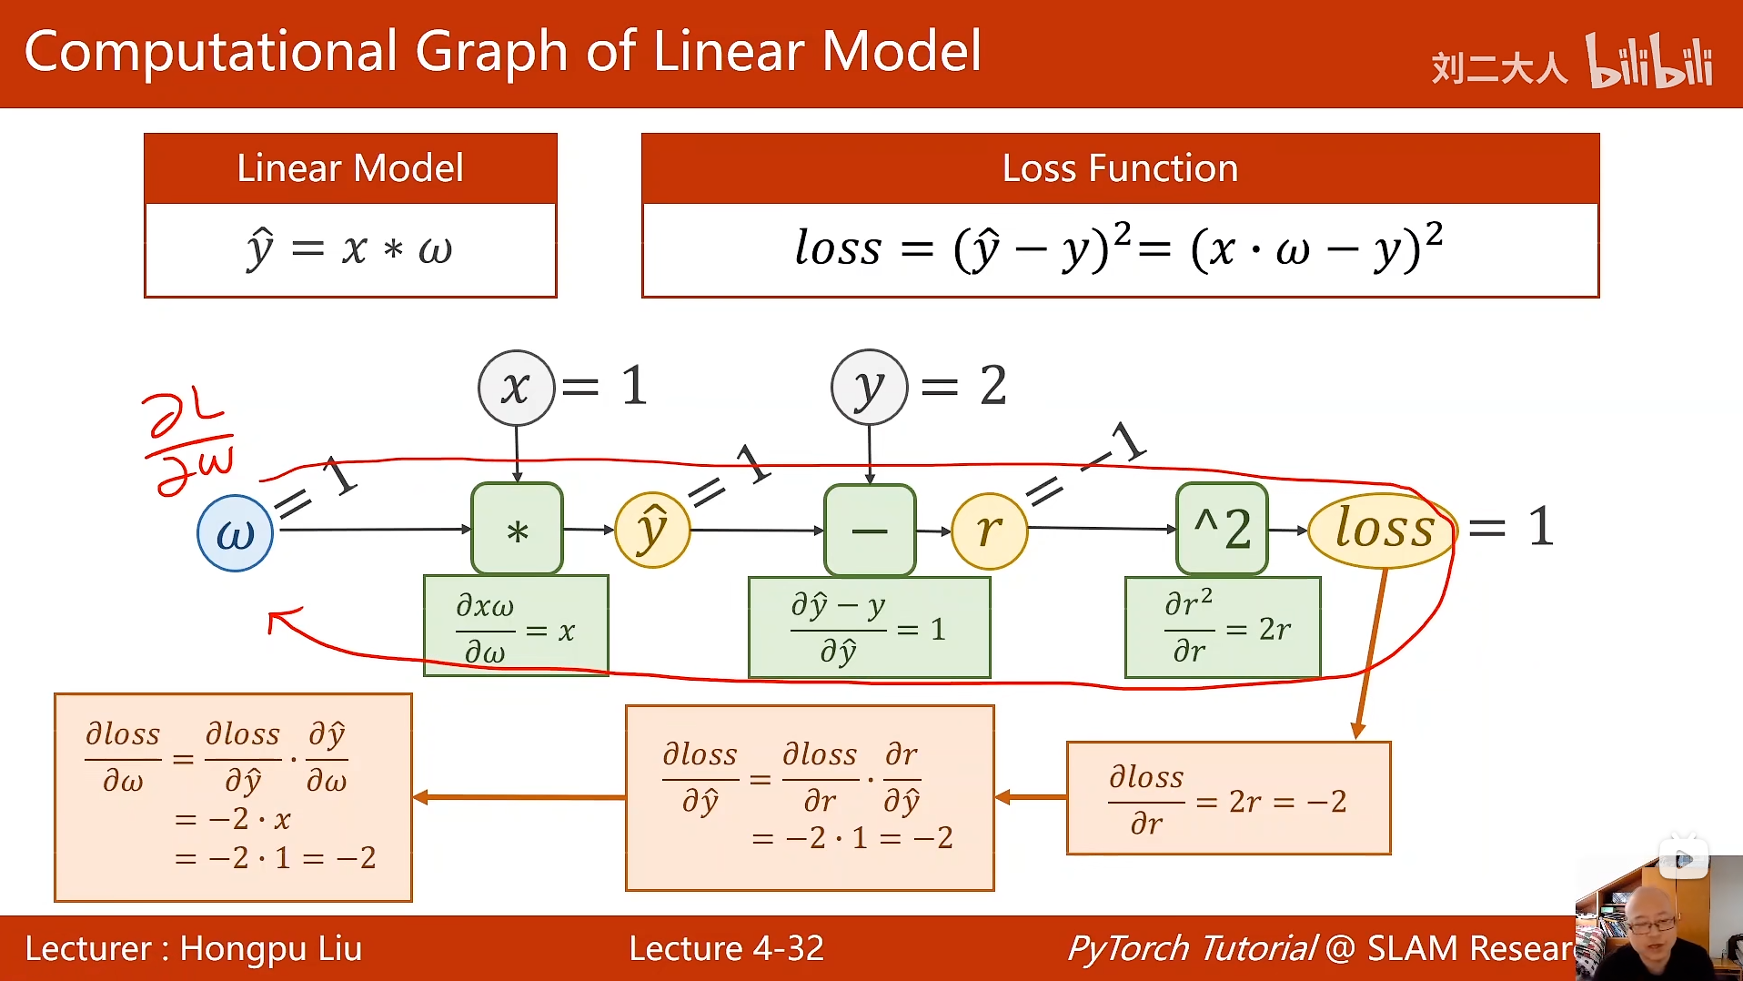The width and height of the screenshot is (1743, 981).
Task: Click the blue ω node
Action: pyautogui.click(x=235, y=533)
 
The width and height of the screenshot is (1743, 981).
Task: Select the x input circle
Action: pyautogui.click(x=516, y=388)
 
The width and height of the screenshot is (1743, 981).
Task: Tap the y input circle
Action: pyautogui.click(x=869, y=388)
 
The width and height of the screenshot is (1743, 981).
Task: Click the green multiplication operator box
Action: pyautogui.click(x=517, y=530)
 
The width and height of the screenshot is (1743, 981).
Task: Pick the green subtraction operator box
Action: pyautogui.click(x=870, y=531)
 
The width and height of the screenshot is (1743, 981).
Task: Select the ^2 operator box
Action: pyautogui.click(x=1222, y=529)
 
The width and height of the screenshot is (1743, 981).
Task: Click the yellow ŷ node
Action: pyautogui.click(x=652, y=531)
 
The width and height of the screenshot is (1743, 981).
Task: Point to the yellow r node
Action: pyautogui.click(x=989, y=531)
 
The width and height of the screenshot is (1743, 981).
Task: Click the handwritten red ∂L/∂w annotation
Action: pyautogui.click(x=189, y=444)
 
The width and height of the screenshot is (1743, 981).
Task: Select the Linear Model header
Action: pyautogui.click(x=350, y=168)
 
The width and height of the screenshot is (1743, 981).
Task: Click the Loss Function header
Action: pyautogui.click(x=1120, y=168)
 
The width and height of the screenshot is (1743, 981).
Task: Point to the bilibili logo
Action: pyautogui.click(x=1649, y=62)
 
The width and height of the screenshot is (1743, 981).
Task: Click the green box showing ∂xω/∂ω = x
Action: pyautogui.click(x=516, y=626)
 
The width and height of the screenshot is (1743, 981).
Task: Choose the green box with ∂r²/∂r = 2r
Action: pyautogui.click(x=1222, y=627)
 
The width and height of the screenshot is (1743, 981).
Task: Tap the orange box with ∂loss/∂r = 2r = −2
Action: pyautogui.click(x=1228, y=798)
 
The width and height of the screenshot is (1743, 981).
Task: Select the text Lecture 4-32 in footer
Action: pyautogui.click(x=726, y=948)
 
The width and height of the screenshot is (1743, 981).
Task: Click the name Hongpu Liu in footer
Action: pyautogui.click(x=271, y=948)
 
